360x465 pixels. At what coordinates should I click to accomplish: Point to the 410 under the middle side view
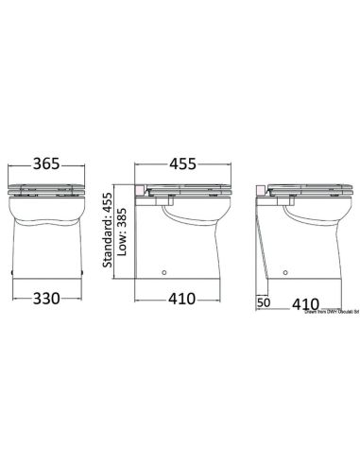(x=181, y=299)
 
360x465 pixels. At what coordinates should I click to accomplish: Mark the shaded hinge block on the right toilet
(x=266, y=192)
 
